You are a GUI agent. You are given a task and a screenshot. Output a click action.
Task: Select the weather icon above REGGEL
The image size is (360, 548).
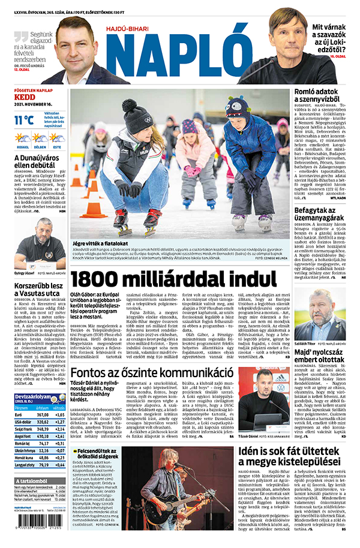22,137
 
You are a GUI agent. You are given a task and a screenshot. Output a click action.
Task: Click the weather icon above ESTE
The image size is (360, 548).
56,137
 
